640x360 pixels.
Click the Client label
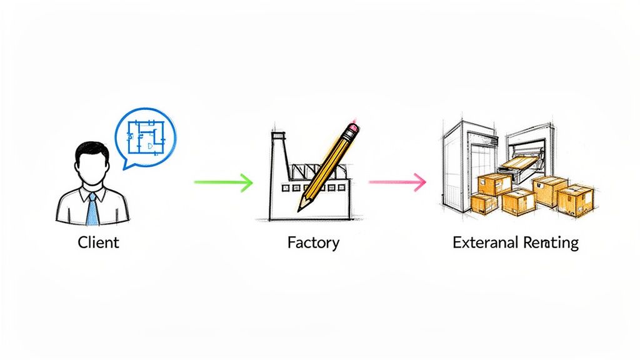(98, 242)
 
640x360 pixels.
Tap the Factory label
(313, 242)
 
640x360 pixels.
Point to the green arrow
(222, 182)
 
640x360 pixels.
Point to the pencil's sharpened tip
(302, 206)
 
